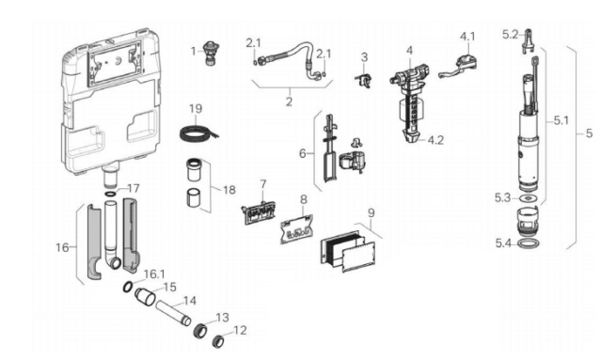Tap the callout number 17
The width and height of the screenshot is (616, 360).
click(x=134, y=188)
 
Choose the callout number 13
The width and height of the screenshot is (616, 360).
click(x=223, y=317)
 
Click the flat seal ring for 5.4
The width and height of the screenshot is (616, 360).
click(x=529, y=244)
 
